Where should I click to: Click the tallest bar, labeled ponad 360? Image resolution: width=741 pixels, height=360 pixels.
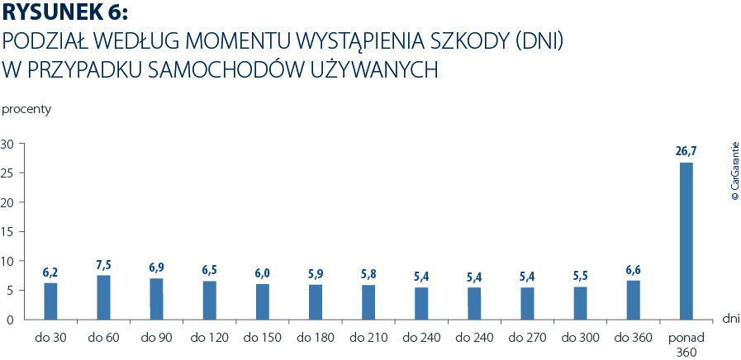coord(686,240)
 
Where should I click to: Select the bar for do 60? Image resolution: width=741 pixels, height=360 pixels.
coord(103,297)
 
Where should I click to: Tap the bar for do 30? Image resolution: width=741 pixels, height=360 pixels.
coord(50,301)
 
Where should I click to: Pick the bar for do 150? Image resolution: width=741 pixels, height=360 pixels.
coord(263,301)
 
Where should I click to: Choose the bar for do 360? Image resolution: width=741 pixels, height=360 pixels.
coord(633,300)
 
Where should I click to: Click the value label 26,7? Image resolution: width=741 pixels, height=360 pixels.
coord(686,151)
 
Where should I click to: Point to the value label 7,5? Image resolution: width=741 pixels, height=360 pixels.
coord(103,264)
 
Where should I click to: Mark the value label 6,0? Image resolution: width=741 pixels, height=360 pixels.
coord(263,273)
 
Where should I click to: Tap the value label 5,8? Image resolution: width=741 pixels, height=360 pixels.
coord(368,273)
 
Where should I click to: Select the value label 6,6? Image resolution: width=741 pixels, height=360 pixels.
coord(633,269)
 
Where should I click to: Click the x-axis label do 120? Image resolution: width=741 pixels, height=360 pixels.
coord(209,338)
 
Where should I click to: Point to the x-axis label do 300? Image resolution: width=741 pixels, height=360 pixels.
coord(580,338)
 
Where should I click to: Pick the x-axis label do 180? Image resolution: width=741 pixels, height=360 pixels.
coord(315,338)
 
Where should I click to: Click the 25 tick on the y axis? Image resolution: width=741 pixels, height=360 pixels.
coord(8,173)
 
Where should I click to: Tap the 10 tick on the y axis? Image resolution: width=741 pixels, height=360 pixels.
coord(8,261)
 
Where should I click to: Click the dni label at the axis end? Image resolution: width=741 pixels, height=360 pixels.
coord(730,317)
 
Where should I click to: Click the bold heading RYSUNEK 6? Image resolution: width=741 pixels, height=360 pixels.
coord(66,14)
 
